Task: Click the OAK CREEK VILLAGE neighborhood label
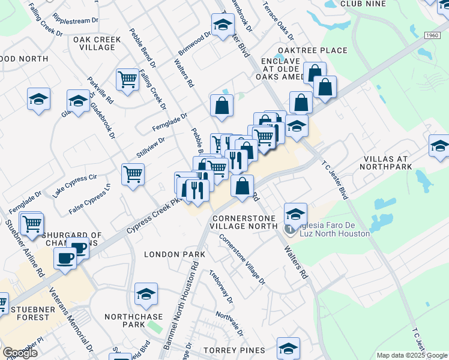pyautogui.click(x=97, y=43)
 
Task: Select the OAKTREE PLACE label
pyautogui.click(x=312, y=50)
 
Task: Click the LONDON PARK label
pyautogui.click(x=175, y=254)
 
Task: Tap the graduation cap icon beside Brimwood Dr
pyautogui.click(x=223, y=25)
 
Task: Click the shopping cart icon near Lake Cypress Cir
pyautogui.click(x=133, y=175)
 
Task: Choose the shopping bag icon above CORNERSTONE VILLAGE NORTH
pyautogui.click(x=242, y=187)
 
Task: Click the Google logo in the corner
pyautogui.click(x=20, y=353)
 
